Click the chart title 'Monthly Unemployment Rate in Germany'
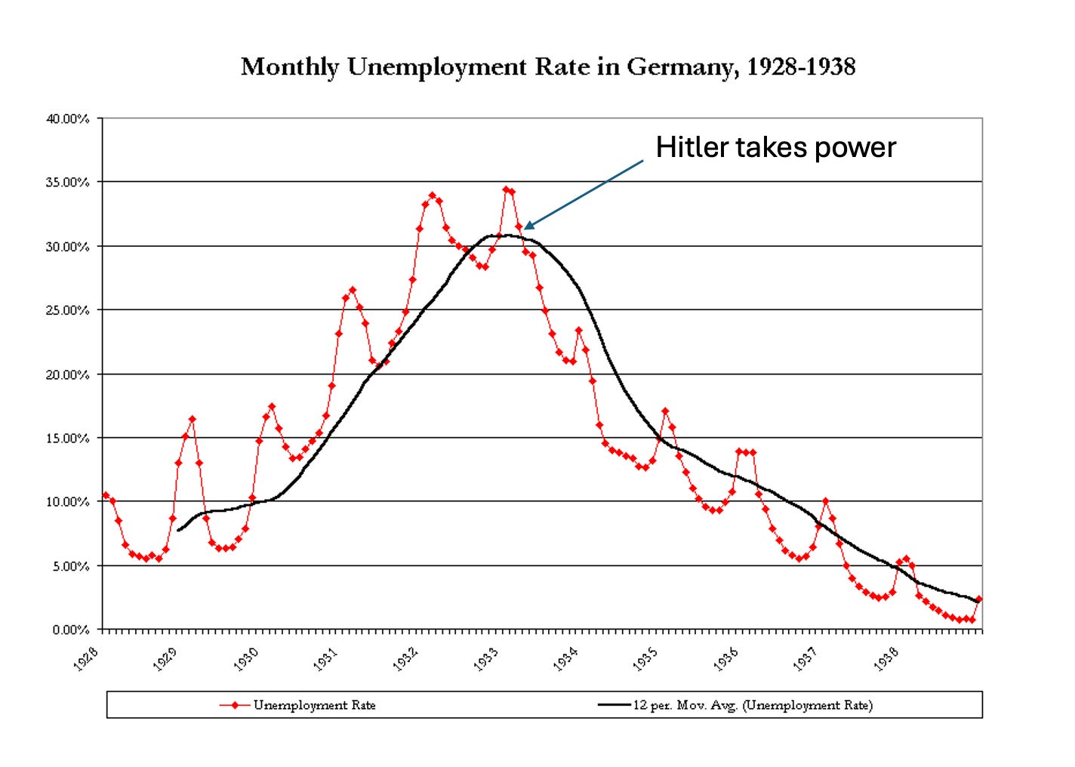point(547,67)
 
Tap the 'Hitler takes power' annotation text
point(775,147)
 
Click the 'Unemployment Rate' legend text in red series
point(314,705)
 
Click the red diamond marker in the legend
point(235,705)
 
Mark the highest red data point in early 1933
point(506,190)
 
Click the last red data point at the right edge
point(979,599)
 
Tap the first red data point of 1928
point(106,495)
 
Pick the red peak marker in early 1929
point(192,419)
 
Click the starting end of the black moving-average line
point(178,530)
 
